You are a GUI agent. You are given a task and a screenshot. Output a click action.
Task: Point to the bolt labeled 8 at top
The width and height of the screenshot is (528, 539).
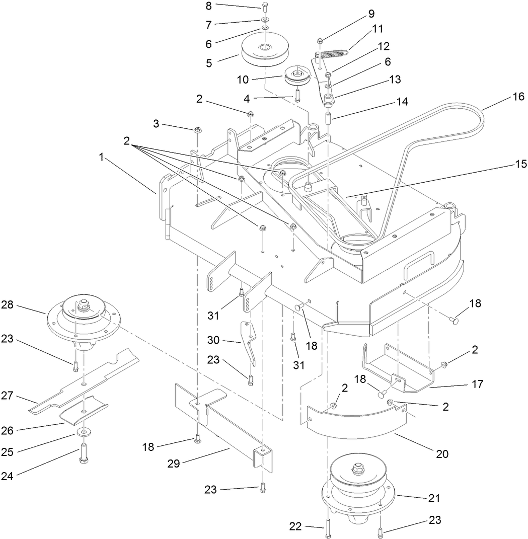[265, 7]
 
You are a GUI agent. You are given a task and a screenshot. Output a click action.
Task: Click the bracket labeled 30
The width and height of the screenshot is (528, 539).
[251, 342]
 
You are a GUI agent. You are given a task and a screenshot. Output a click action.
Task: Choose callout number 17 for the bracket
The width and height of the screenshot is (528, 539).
[477, 384]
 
